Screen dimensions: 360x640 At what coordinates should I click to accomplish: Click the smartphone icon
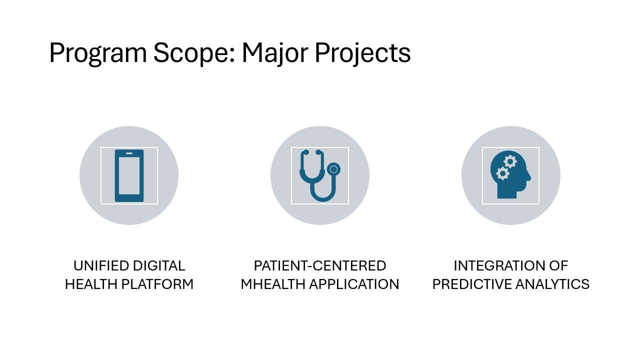point(129,175)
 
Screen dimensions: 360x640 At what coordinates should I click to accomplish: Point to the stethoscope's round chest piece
point(333,169)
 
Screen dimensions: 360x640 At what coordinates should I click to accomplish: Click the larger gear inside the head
point(510,161)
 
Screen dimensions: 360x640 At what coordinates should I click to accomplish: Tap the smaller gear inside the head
point(502,173)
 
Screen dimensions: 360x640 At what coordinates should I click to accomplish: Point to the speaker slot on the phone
point(129,153)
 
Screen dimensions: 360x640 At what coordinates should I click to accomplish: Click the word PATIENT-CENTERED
point(320,265)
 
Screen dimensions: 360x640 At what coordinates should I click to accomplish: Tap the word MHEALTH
point(272,284)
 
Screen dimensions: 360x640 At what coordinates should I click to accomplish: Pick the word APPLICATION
point(354,284)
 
